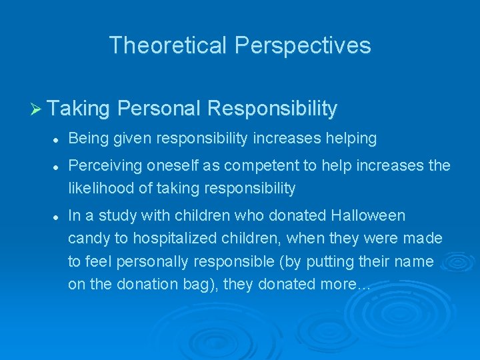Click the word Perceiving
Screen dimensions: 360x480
click(x=101, y=165)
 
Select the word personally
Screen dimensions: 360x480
click(x=138, y=261)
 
